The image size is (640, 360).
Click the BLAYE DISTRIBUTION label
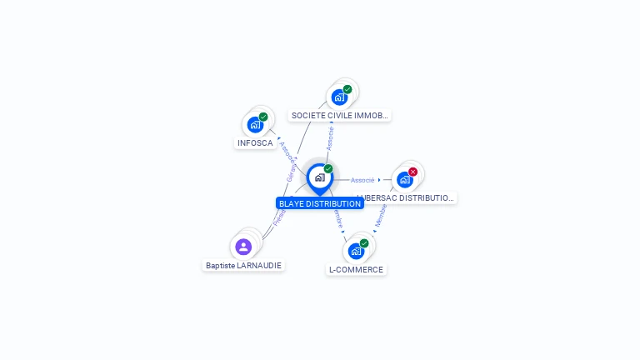click(320, 203)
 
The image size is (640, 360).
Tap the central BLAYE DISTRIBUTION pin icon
click(319, 177)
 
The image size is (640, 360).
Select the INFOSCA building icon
click(255, 124)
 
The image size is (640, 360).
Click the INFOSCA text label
click(255, 142)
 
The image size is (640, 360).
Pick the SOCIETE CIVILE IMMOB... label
click(339, 115)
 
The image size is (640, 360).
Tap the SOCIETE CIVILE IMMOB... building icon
click(339, 97)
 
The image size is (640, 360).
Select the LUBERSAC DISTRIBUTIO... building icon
click(405, 179)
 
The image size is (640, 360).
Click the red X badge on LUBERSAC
click(412, 172)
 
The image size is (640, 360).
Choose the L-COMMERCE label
click(356, 269)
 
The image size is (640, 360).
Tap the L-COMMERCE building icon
click(356, 251)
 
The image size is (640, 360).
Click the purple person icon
click(243, 247)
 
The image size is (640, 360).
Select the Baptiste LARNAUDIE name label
click(243, 265)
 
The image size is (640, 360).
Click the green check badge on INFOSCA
click(263, 117)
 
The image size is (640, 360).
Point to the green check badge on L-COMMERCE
click(364, 243)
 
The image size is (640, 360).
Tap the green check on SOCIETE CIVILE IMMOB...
click(347, 89)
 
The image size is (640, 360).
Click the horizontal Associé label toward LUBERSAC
click(362, 180)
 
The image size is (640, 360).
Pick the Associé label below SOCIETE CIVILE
click(331, 137)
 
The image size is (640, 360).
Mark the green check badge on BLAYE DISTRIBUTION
click(328, 169)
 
